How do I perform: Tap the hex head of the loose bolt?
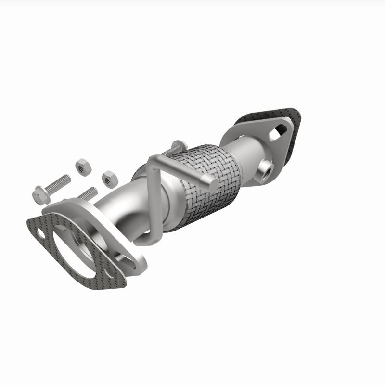click(39, 194)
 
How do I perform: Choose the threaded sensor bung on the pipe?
click(265, 169)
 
